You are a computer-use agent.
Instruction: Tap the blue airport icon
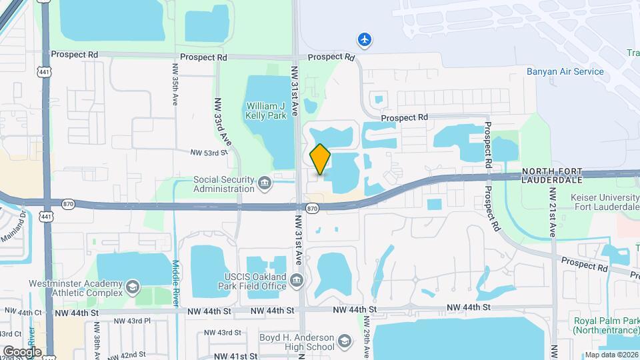pos(364,40)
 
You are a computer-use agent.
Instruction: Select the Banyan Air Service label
pos(565,72)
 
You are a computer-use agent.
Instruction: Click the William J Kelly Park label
pos(267,111)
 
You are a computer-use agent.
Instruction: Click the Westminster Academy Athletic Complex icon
pos(133,287)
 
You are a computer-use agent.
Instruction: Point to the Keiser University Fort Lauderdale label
pos(605,201)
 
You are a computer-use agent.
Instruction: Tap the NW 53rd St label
pos(209,153)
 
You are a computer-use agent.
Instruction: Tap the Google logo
pos(22,352)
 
